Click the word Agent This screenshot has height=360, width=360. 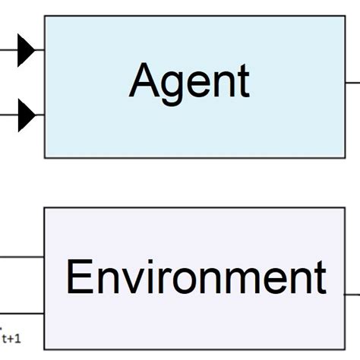click(x=189, y=81)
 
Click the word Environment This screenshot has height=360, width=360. click(x=196, y=278)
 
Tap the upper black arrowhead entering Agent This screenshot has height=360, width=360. click(x=27, y=52)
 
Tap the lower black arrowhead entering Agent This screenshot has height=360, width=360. click(x=27, y=115)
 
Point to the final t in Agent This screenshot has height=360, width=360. click(x=243, y=81)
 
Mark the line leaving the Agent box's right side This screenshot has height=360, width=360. click(x=353, y=82)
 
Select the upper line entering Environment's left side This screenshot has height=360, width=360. click(x=21, y=257)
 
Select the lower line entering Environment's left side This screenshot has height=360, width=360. click(x=21, y=314)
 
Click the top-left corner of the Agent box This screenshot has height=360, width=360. click(x=45, y=16)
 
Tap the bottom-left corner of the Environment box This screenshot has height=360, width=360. click(x=44, y=349)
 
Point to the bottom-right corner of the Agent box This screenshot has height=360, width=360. click(x=346, y=158)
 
